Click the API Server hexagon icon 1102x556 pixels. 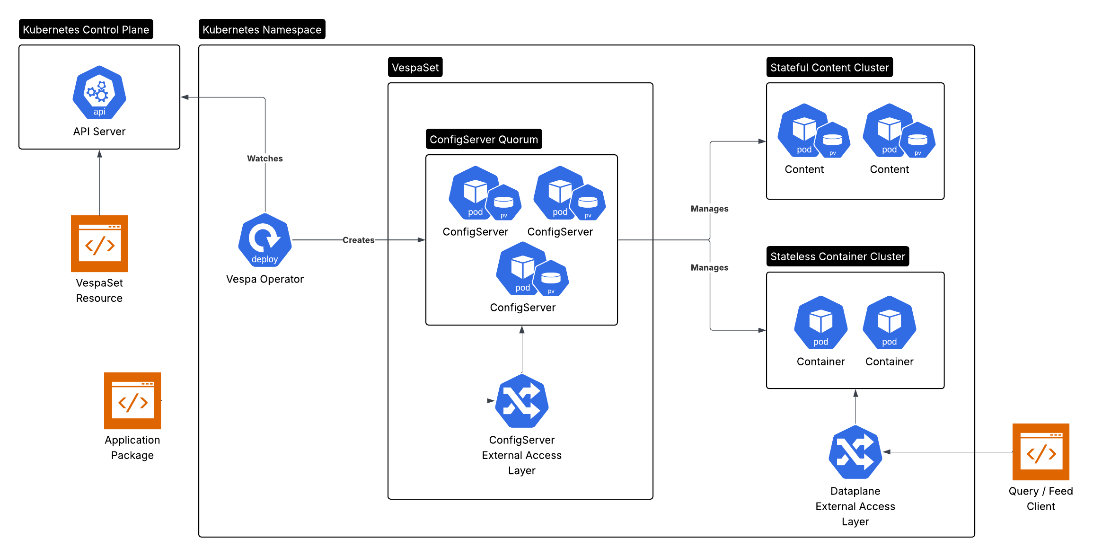(x=99, y=92)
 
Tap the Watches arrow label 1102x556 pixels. (x=264, y=159)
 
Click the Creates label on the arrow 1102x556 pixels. (x=358, y=240)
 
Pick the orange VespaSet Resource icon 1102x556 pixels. (x=99, y=243)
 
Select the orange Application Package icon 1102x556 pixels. (x=132, y=400)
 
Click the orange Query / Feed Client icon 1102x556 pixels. (x=1040, y=451)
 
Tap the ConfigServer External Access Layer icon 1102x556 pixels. (x=521, y=401)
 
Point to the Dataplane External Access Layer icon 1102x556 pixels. (x=855, y=452)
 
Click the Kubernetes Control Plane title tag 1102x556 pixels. (x=86, y=29)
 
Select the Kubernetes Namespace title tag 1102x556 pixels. (x=262, y=29)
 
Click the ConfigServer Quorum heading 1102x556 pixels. (x=484, y=139)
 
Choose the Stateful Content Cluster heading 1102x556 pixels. (x=829, y=67)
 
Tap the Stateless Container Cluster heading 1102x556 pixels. (x=837, y=256)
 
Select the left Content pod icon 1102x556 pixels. (x=803, y=130)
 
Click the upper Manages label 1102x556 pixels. (x=709, y=209)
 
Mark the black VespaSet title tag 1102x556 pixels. (x=415, y=67)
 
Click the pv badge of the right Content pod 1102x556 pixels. (x=917, y=141)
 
